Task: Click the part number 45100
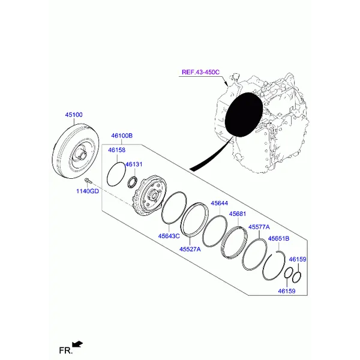point(74,114)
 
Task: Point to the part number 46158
point(118,149)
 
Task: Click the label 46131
point(134,164)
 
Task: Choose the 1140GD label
point(86,191)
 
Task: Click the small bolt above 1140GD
point(88,181)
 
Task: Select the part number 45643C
point(169,236)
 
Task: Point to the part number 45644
point(220,204)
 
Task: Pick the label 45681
point(238,214)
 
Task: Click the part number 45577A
point(259,227)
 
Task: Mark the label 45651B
point(278,238)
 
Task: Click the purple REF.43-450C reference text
point(201,72)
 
